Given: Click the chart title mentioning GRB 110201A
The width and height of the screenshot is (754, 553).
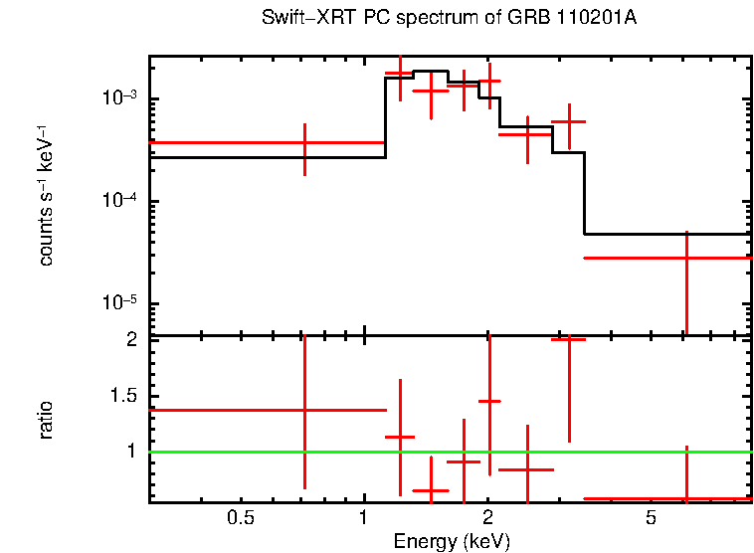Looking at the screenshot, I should (450, 19).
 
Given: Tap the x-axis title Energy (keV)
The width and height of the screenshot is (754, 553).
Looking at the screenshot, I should (452, 541).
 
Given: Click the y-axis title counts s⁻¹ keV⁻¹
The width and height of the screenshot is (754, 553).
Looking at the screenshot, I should (46, 195).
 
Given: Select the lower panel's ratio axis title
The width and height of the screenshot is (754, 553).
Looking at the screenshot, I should (46, 420).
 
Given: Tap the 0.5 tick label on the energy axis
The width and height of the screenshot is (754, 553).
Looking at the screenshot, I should (240, 518).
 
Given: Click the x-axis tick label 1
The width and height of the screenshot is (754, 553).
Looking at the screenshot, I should (364, 518).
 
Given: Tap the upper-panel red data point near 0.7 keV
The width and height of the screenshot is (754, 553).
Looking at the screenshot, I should (304, 143).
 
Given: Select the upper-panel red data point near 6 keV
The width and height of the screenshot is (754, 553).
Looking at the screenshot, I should (686, 258).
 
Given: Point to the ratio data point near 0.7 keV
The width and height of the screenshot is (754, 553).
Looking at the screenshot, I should (304, 410).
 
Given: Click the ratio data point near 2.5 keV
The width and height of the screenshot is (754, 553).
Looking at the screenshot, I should (526, 468).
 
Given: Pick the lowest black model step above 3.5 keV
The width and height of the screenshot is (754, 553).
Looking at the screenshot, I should (666, 234).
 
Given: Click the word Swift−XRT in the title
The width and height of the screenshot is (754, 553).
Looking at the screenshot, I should (298, 19).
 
